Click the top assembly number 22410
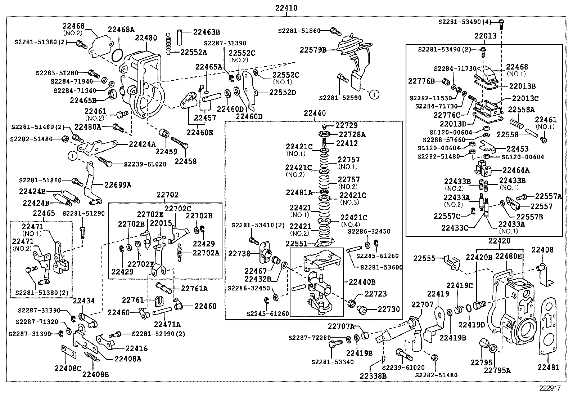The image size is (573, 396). (286, 8)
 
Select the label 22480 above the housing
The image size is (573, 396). (146, 38)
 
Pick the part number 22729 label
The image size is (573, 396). (346, 125)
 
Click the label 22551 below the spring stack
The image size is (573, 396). (297, 244)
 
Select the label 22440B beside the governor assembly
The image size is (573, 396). (362, 282)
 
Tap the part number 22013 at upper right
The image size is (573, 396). (485, 36)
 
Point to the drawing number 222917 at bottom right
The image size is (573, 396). (550, 388)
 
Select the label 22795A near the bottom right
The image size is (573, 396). (497, 370)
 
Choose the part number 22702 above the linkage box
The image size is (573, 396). (167, 195)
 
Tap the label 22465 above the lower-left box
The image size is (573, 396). (44, 213)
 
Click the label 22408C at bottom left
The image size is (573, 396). (68, 368)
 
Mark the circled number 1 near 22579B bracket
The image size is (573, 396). (374, 94)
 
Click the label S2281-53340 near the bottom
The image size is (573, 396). (333, 362)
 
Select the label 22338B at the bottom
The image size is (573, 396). (373, 375)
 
